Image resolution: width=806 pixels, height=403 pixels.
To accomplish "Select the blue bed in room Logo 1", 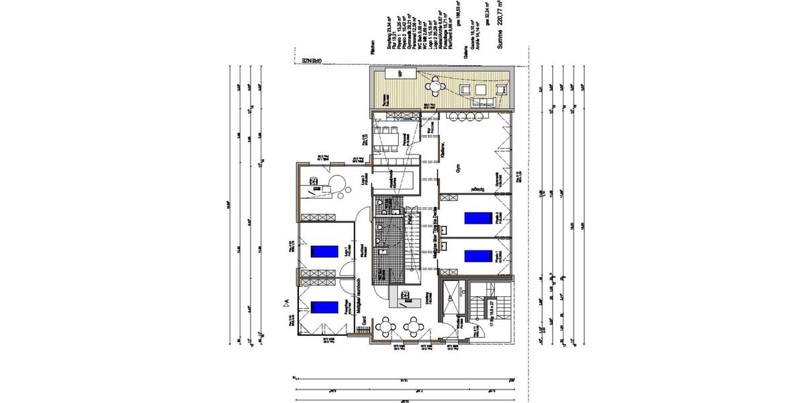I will pos(323,251).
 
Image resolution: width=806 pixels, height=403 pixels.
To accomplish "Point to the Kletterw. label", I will pos(443,150).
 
